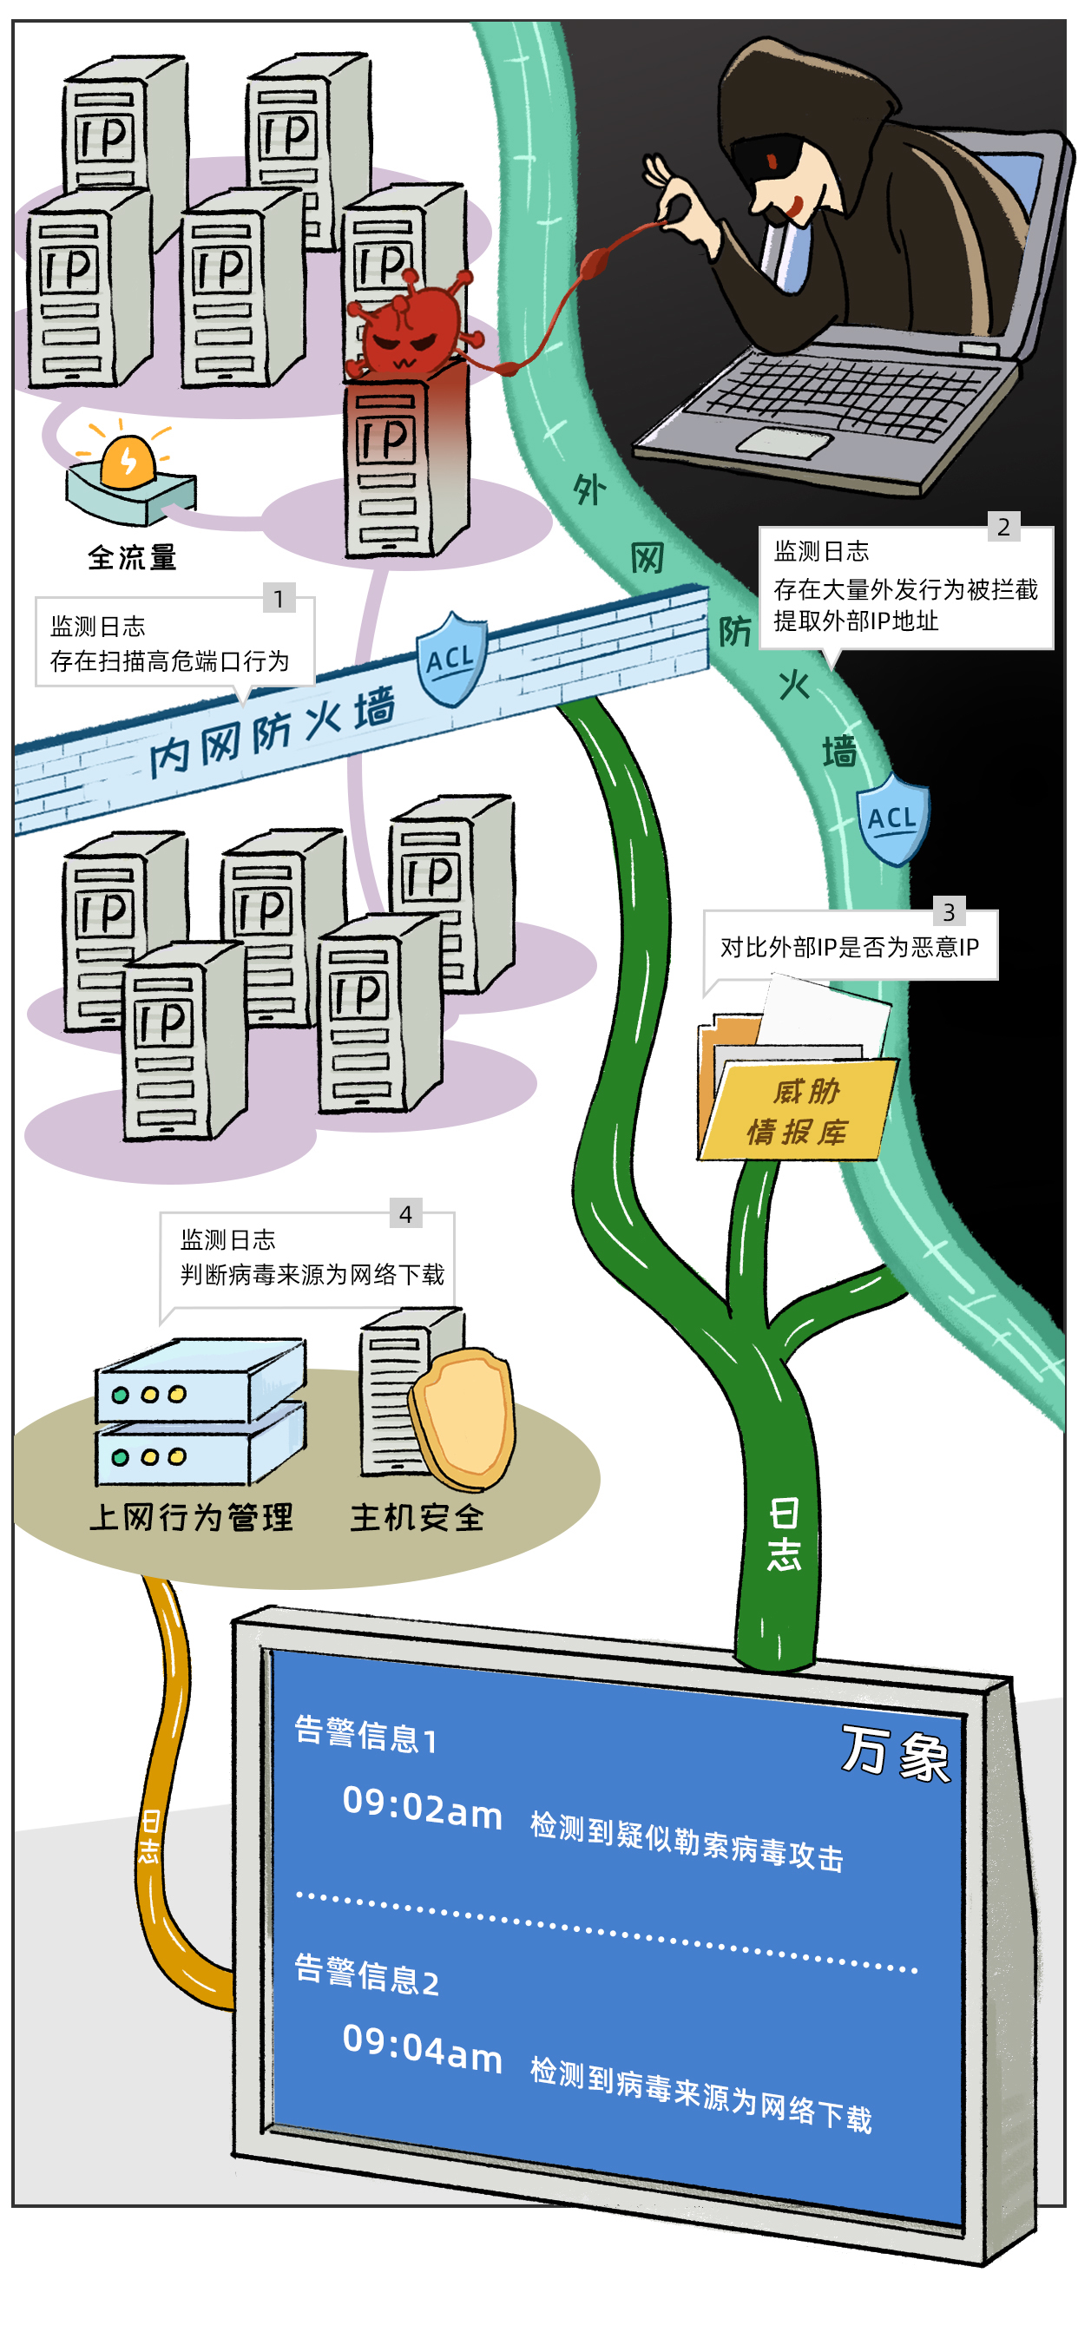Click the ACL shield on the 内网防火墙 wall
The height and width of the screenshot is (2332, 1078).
(x=450, y=659)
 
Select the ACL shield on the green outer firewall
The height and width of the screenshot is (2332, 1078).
(x=892, y=819)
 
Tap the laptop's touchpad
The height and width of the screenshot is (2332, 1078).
(x=784, y=442)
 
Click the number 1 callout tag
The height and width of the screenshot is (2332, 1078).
(x=279, y=598)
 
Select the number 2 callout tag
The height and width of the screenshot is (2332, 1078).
(x=1002, y=527)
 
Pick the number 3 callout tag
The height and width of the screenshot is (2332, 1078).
(x=949, y=911)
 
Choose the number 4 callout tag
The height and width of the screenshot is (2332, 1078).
(x=405, y=1214)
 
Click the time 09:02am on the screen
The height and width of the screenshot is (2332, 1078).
(x=422, y=1808)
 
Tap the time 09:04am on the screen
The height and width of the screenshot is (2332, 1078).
(x=422, y=2049)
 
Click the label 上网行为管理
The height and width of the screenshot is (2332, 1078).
(x=191, y=1517)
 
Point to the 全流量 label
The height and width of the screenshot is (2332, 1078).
(x=132, y=558)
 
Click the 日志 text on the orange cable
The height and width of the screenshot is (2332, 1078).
(x=150, y=1836)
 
